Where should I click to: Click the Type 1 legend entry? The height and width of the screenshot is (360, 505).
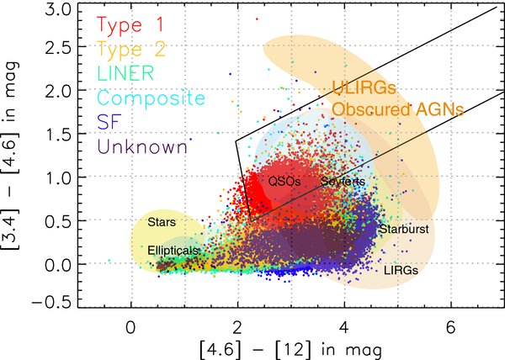click(130, 25)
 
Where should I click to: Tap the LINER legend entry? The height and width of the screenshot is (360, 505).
click(125, 73)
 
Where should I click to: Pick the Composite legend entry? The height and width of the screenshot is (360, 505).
click(151, 98)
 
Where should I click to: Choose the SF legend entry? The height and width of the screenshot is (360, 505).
click(109, 121)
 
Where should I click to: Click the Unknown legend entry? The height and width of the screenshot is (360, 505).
click(142, 146)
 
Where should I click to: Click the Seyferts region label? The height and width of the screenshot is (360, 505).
click(343, 182)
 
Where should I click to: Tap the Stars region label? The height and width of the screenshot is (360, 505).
click(162, 222)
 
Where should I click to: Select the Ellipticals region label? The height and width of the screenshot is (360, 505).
click(173, 251)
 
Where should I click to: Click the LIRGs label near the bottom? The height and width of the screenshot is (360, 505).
click(401, 270)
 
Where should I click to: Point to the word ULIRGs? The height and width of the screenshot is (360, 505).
click(364, 87)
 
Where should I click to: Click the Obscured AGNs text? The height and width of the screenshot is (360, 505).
click(398, 109)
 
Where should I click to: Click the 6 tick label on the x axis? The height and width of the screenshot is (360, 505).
click(451, 328)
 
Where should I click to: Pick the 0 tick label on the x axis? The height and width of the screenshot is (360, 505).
click(130, 328)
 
